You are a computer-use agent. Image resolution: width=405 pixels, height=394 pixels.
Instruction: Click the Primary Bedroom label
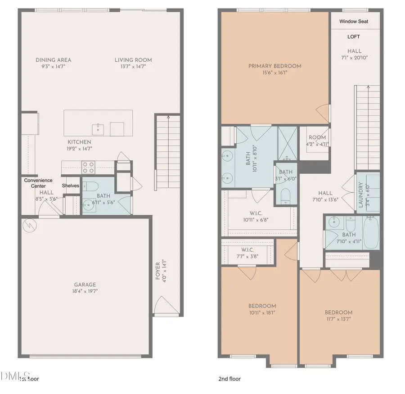coord(274,66)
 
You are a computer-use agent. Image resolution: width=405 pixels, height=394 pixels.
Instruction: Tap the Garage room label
coord(85,285)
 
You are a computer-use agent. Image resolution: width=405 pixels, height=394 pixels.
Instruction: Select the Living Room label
coord(133,60)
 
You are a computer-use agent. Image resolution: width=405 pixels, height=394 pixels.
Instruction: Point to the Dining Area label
coord(54,60)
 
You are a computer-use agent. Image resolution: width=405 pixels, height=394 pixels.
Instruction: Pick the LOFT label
coord(353,37)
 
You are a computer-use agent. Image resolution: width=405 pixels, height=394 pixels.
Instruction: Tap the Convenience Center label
coord(38,183)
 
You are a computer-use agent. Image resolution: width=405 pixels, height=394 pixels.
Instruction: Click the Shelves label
coord(71,186)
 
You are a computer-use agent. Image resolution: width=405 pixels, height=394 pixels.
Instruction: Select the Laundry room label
coord(360,195)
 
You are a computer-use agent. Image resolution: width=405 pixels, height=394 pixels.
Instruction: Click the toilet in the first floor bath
coord(90,186)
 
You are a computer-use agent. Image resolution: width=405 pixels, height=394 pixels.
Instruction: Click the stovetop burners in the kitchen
coord(88,168)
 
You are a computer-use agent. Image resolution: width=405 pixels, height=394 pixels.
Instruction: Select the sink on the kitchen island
coord(98,129)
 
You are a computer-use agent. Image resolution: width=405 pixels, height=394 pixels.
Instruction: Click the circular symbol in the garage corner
coord(27,224)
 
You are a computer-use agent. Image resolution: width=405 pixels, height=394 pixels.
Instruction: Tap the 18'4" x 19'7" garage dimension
coord(85,291)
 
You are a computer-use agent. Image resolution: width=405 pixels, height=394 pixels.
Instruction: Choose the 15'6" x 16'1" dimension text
coord(274,72)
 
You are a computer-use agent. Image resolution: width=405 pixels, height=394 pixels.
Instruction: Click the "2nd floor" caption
coord(229,379)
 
